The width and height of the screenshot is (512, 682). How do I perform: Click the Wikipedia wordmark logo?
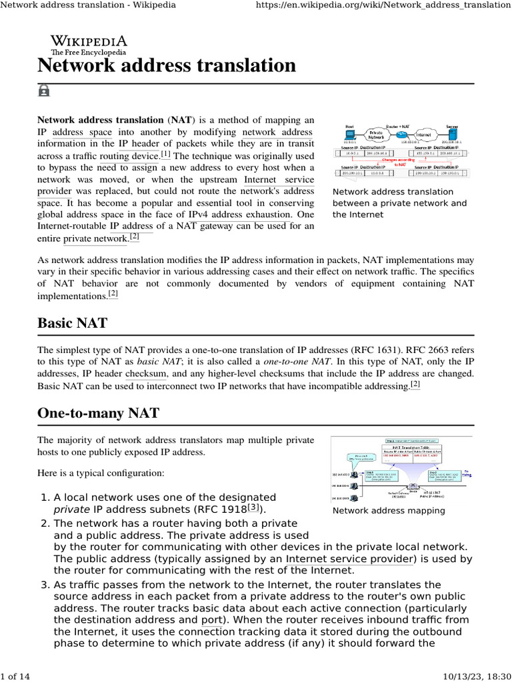click(89, 44)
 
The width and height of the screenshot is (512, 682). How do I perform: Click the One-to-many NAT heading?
click(98, 413)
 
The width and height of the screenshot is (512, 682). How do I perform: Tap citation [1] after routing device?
click(166, 155)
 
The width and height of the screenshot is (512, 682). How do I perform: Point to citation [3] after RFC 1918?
click(253, 508)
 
